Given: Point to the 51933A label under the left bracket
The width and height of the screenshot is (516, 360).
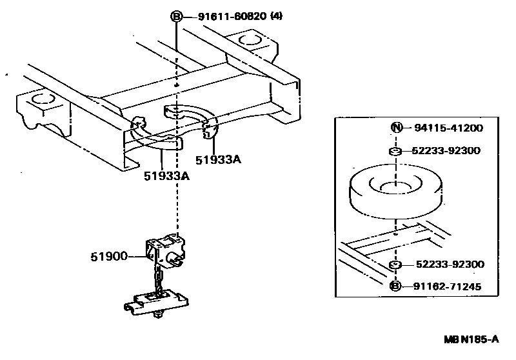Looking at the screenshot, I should [166, 175].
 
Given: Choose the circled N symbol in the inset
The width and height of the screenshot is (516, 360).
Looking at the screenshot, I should [395, 128].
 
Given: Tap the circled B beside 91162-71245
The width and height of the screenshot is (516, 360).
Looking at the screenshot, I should [395, 286].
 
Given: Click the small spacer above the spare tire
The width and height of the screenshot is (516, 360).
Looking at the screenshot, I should [395, 152].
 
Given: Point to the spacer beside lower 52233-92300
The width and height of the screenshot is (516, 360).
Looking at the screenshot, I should [395, 265].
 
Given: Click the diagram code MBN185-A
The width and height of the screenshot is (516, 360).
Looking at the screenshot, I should [471, 339].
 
